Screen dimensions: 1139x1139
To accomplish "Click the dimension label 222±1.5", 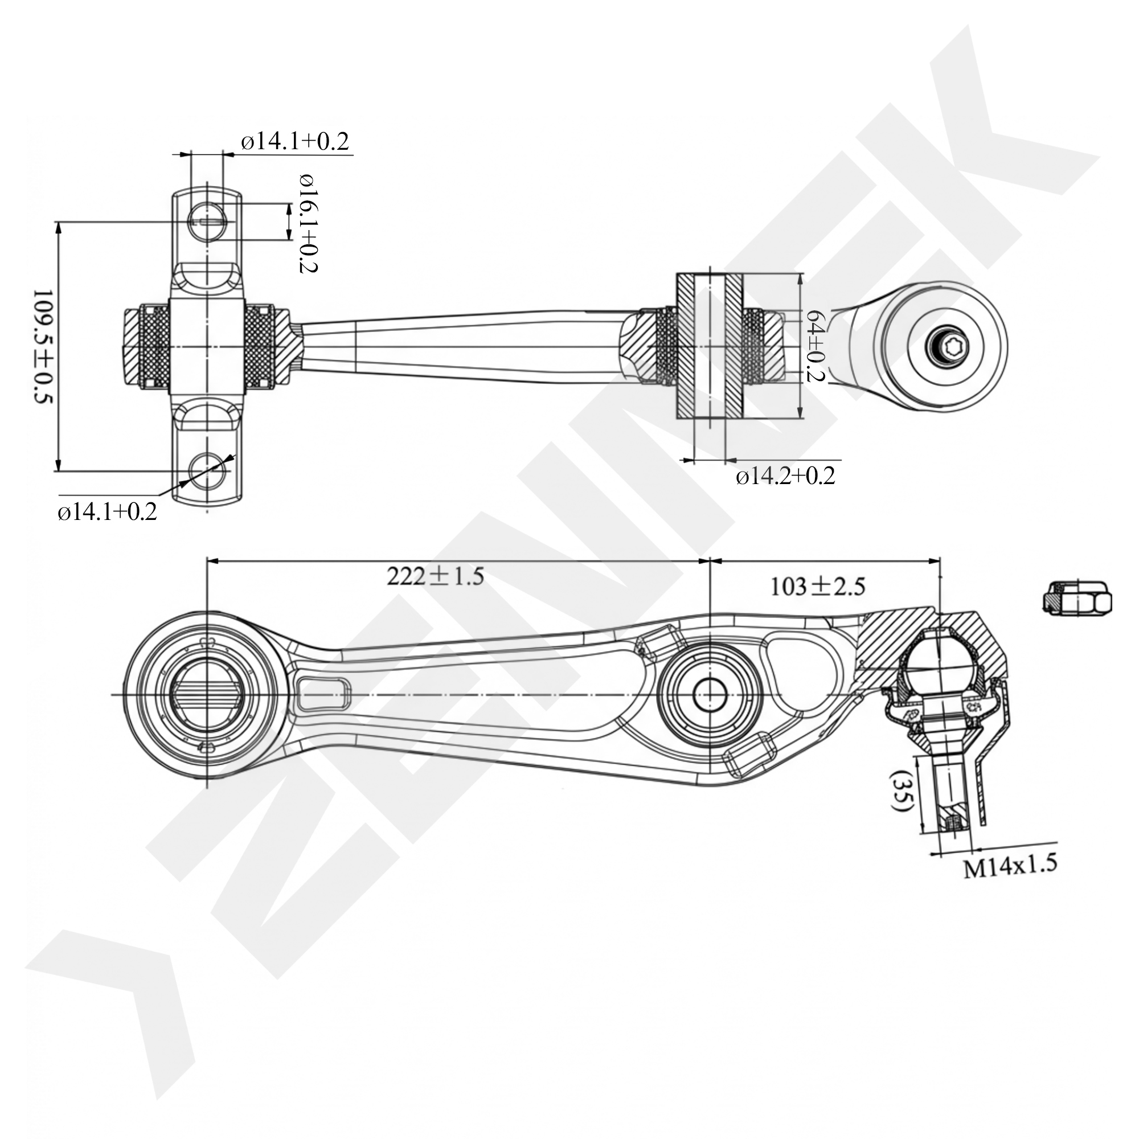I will click(x=435, y=576).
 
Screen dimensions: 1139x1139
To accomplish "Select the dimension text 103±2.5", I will click(x=818, y=586).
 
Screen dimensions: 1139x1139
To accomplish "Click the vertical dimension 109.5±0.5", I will click(x=43, y=347).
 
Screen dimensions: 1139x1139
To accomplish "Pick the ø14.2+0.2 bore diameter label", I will click(x=785, y=476).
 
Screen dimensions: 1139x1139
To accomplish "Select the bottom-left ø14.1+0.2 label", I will click(x=107, y=512).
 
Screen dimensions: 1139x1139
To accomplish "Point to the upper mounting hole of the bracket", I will click(x=207, y=222).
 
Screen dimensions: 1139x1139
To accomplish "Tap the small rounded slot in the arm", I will click(x=324, y=692).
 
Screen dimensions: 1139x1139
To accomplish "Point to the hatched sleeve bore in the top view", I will click(x=710, y=347).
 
